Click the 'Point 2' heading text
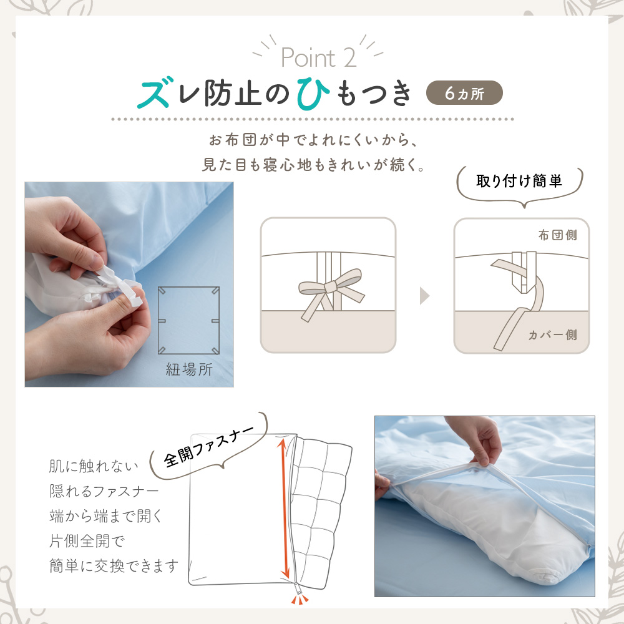point(318,57)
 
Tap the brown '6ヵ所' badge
point(464,93)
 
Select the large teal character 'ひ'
point(313,93)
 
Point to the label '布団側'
point(557,235)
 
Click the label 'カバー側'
point(552,334)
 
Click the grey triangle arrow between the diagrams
point(424,296)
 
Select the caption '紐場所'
point(189,369)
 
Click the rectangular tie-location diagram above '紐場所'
point(188,320)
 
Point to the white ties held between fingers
point(122,287)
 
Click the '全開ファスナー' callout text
point(208,447)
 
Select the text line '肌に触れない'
point(94,466)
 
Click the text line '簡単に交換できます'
point(114,565)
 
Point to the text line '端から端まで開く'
point(105,516)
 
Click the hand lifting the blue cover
point(475,440)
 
